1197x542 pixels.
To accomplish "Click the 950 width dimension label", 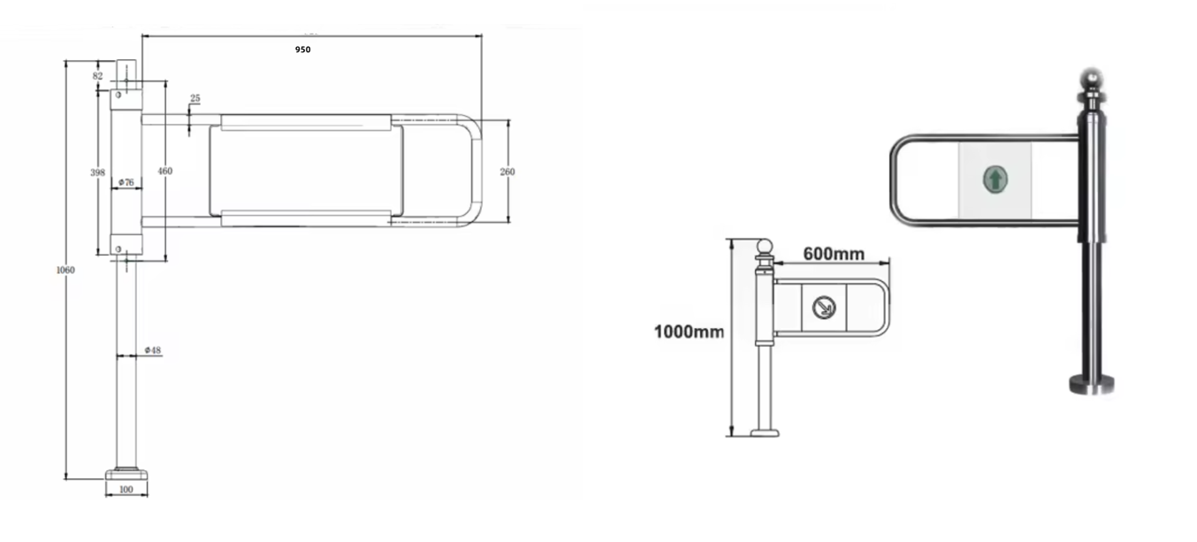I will point(302,50).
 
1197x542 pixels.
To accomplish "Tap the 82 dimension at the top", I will point(97,76).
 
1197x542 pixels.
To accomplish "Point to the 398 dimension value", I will point(98,172).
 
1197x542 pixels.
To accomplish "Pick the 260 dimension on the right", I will point(507,172).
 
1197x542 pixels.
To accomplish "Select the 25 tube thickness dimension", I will point(194,98).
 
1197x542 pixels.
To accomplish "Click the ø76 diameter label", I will point(127,183).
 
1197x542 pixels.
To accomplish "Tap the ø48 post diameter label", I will point(153,351).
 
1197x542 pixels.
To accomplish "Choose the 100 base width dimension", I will point(126,490).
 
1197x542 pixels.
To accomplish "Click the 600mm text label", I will point(833,255).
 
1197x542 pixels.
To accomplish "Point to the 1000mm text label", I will point(689,332).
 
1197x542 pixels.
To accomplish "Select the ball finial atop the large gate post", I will point(1093,80).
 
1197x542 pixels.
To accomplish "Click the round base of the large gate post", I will point(1091,383).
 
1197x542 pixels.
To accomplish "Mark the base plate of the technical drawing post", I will point(126,473).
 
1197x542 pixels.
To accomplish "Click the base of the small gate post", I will point(765,432).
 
